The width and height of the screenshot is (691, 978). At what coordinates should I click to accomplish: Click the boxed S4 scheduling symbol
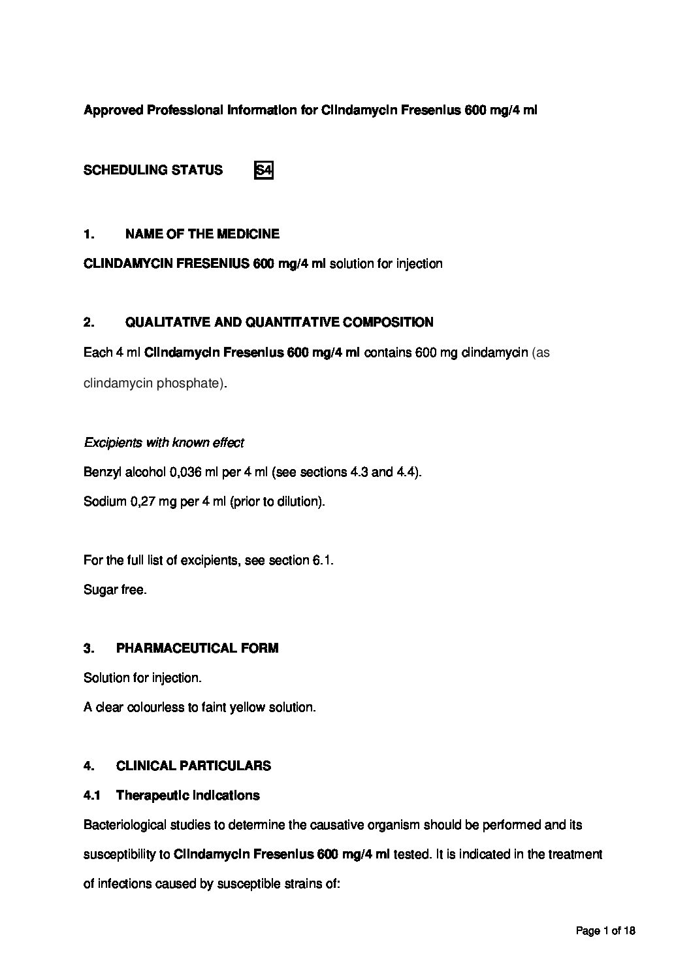click(x=263, y=171)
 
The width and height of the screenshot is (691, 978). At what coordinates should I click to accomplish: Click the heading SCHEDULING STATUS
click(x=153, y=171)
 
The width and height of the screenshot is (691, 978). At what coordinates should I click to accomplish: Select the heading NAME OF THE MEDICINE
click(x=202, y=234)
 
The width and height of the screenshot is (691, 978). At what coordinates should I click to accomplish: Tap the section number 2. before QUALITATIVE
click(x=89, y=322)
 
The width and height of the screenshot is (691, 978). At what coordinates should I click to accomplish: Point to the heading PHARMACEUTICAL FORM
click(x=197, y=648)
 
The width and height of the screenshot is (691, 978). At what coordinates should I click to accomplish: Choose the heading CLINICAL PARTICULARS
click(x=193, y=766)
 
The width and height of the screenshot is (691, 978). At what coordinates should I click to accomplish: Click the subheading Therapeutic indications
click(x=187, y=795)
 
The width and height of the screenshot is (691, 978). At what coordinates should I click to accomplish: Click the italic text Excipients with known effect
click(x=164, y=443)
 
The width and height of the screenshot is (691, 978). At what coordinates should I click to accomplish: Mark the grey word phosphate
click(x=195, y=383)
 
